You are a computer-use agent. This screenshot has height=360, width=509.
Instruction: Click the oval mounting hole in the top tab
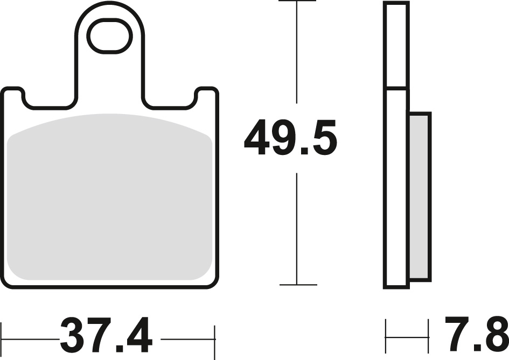[109, 37]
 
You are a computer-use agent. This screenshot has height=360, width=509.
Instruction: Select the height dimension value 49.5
[290, 139]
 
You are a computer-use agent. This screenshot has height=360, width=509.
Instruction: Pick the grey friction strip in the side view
[420, 196]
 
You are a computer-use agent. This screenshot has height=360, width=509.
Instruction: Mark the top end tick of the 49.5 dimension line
[297, 2]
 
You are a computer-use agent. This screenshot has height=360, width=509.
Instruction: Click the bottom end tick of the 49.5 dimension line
[297, 285]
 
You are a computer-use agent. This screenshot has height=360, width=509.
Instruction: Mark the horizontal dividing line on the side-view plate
[396, 87]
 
